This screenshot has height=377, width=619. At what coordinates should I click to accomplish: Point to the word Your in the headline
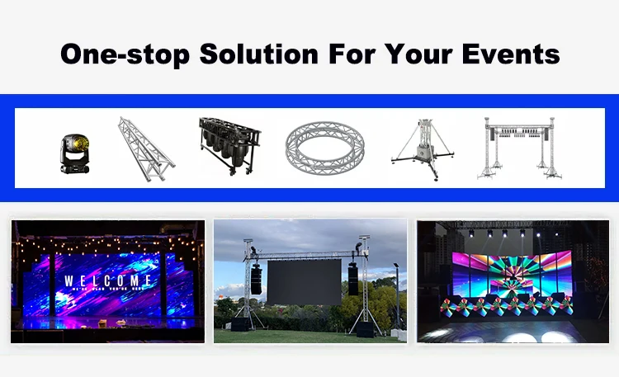pyautogui.click(x=423, y=54)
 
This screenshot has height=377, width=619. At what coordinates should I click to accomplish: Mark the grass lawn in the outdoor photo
pyautogui.click(x=309, y=335)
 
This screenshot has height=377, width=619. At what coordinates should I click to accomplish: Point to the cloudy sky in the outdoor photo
pyautogui.click(x=305, y=235)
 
